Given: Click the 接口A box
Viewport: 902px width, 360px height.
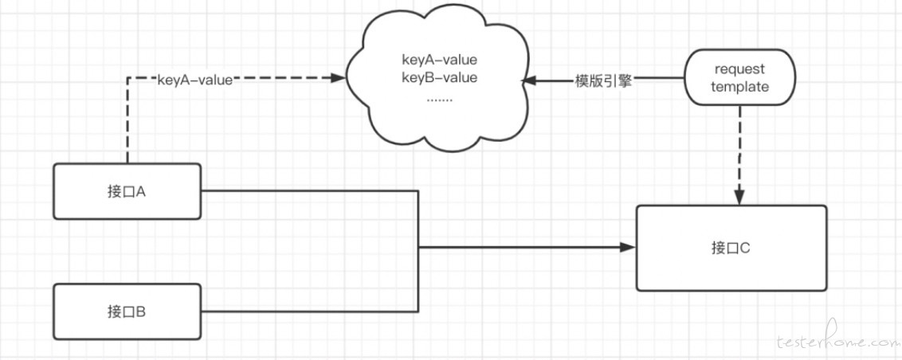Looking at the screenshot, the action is pyautogui.click(x=127, y=191).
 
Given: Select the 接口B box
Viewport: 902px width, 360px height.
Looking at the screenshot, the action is pyautogui.click(x=127, y=311).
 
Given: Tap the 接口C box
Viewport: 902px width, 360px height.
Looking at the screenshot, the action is pyautogui.click(x=731, y=248).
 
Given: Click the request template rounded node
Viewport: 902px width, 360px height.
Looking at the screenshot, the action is pyautogui.click(x=739, y=78).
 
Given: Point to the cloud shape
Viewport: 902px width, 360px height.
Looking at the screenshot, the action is pyautogui.click(x=437, y=80).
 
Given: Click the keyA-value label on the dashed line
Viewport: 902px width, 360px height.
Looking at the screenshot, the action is pyautogui.click(x=195, y=80).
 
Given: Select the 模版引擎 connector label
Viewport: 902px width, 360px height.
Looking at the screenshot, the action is pyautogui.click(x=603, y=81).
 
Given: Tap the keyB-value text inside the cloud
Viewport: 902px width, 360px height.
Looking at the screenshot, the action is pyautogui.click(x=440, y=77).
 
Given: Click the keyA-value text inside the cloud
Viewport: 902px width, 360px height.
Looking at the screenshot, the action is pyautogui.click(x=440, y=59).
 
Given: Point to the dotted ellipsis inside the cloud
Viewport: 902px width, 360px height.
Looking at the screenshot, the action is pyautogui.click(x=440, y=99).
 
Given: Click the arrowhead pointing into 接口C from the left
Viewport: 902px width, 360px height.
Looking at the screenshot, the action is pyautogui.click(x=628, y=247).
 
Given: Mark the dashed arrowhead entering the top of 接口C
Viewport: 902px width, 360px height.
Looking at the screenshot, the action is pyautogui.click(x=739, y=197).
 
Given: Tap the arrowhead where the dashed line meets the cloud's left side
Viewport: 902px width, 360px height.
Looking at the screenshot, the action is pyautogui.click(x=338, y=78).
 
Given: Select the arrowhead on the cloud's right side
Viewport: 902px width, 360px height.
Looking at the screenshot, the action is pyautogui.click(x=529, y=81).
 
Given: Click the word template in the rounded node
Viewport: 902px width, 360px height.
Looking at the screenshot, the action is pyautogui.click(x=739, y=87).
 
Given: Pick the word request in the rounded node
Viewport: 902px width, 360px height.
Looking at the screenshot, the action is pyautogui.click(x=739, y=69).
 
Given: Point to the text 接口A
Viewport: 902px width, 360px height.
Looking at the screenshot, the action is pyautogui.click(x=127, y=191).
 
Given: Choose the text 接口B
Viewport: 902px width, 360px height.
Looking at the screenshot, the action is pyautogui.click(x=127, y=311).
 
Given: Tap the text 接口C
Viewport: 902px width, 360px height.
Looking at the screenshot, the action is pyautogui.click(x=731, y=248).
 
